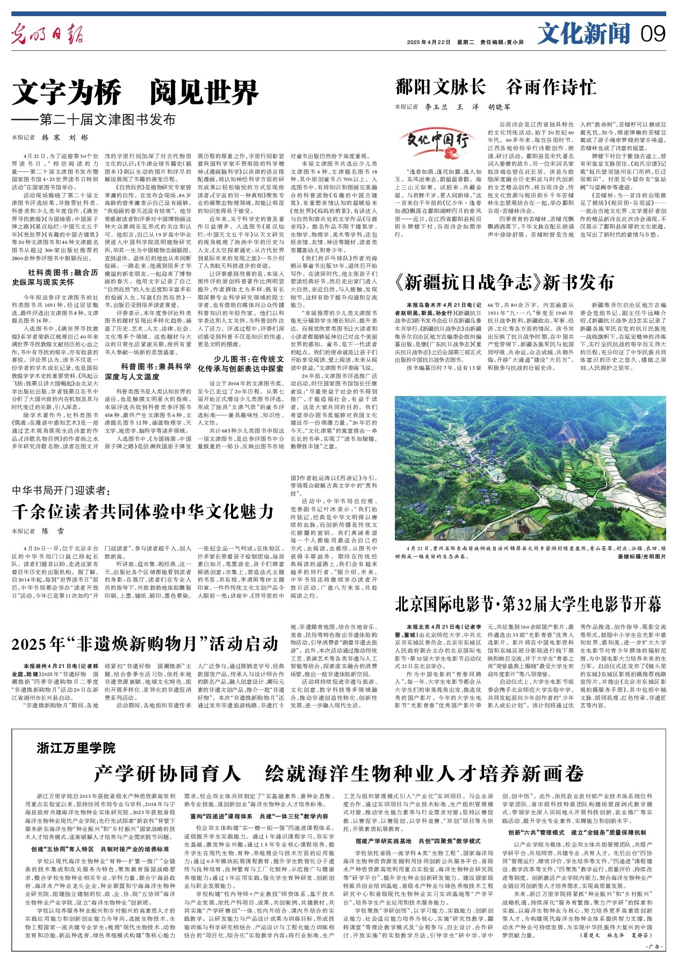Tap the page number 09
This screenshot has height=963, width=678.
(653, 34)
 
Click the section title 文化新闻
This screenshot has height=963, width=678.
(583, 34)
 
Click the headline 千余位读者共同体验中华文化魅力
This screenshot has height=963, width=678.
(143, 511)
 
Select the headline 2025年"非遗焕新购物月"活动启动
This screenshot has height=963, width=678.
(145, 643)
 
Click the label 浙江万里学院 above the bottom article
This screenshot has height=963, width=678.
(76, 748)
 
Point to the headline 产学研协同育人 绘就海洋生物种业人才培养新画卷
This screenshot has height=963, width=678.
(338, 773)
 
